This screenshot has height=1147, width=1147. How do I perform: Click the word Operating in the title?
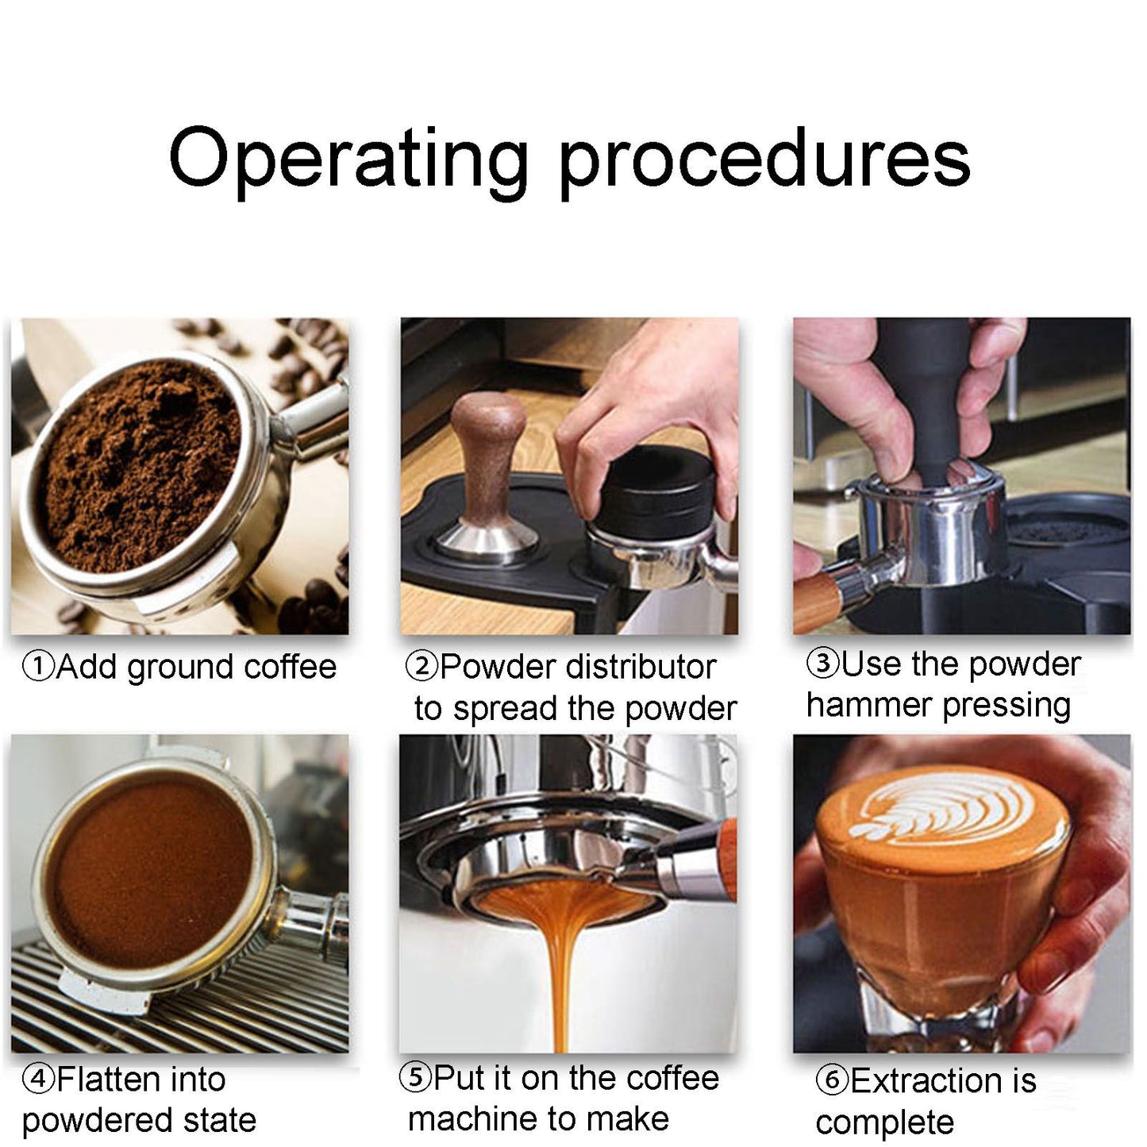click(348, 160)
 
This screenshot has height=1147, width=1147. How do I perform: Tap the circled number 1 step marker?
click(39, 667)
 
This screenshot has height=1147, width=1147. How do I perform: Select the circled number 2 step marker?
click(421, 667)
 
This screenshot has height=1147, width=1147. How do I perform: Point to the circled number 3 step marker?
click(823, 663)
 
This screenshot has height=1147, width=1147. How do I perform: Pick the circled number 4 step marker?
click(39, 1080)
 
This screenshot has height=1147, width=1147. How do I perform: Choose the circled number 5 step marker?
click(415, 1077)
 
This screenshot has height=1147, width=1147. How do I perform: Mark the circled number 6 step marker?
click(832, 1080)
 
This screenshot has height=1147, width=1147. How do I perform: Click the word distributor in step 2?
click(641, 667)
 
